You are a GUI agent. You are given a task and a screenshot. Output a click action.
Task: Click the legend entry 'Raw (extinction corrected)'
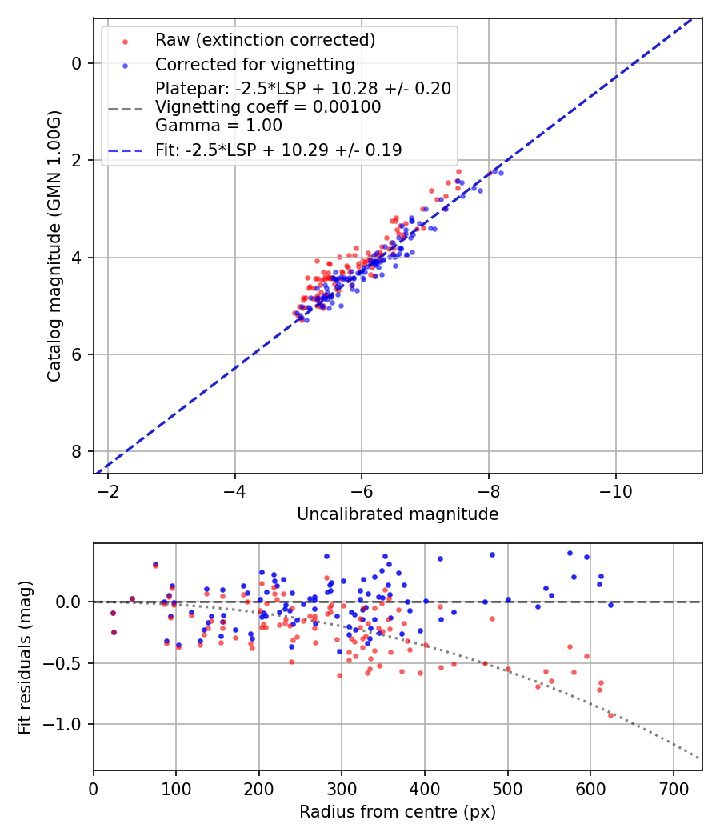tap(265, 40)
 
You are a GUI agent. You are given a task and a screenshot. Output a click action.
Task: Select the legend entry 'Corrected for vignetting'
tap(254, 64)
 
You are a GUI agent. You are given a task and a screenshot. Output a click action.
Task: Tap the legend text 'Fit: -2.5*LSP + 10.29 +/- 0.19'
tap(278, 150)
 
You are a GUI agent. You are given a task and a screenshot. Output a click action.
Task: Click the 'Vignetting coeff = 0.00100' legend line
tap(268, 106)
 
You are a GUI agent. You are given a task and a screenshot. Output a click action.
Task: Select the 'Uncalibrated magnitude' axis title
tap(398, 514)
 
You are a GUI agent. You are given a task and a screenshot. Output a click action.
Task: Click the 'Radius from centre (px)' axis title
tap(398, 812)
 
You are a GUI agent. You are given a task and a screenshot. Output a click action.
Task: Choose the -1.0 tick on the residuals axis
tap(70, 724)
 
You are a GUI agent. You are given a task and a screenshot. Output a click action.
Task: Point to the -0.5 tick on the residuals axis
tap(70, 663)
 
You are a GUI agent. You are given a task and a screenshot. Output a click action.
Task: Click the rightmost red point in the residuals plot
tap(610, 715)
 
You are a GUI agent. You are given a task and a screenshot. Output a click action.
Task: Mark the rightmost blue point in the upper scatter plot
tap(501, 173)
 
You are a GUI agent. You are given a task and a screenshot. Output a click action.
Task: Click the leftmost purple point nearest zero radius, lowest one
tap(114, 632)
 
